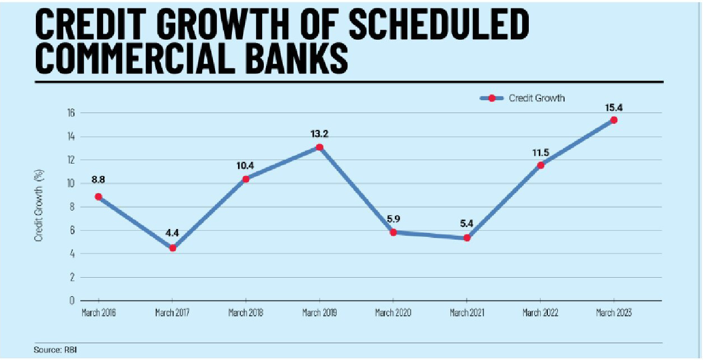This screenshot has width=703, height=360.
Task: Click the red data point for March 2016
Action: pos(99,197)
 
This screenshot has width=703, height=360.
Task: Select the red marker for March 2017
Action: pos(173,247)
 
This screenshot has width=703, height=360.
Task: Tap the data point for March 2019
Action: pos(319,147)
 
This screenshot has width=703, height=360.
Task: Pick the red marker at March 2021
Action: pos(467,238)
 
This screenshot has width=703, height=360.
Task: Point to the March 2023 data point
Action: pos(614,120)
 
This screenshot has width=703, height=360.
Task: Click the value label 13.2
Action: pos(319,134)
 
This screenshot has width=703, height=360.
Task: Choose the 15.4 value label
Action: pos(614,106)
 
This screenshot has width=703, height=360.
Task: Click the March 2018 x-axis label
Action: pos(245,312)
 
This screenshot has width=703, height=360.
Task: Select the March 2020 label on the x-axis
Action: pos(393,312)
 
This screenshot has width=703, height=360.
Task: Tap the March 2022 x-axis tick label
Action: pos(540,312)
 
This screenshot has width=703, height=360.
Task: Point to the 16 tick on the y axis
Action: pos(71,113)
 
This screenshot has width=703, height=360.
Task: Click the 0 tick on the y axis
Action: pos(72,301)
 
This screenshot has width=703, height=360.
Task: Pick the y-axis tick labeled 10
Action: pos(71,184)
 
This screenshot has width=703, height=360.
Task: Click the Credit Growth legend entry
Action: pos(536,98)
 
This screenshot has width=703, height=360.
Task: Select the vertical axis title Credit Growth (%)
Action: pos(39,206)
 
